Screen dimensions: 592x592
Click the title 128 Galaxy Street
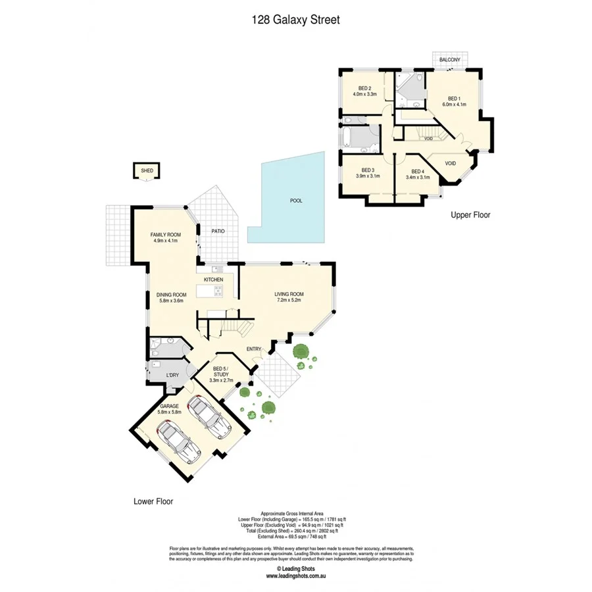tap(295, 20)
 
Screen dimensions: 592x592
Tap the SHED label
tap(146, 171)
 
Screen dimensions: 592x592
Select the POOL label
tap(296, 201)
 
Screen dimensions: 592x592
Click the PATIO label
tap(218, 231)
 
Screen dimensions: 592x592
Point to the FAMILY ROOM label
tap(165, 235)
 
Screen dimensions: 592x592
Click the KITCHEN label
tap(213, 280)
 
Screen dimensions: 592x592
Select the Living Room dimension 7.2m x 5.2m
tap(289, 301)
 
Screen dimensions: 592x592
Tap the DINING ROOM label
tap(172, 295)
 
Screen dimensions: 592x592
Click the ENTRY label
tap(255, 349)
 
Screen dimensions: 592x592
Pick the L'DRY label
tap(172, 375)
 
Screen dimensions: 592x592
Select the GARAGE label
tap(170, 406)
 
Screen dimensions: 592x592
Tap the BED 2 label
tap(365, 88)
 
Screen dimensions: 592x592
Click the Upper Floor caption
tap(470, 214)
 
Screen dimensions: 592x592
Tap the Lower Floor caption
tap(153, 501)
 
